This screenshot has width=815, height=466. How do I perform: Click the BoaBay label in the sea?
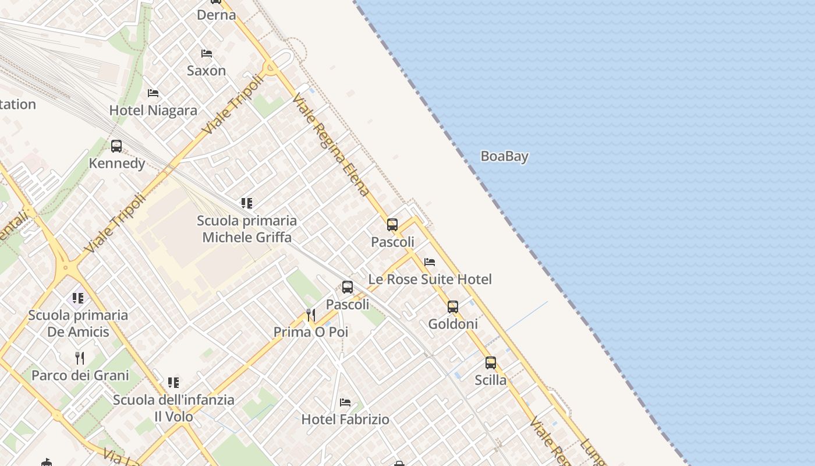coord(504,156)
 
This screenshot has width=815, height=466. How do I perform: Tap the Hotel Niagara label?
coord(153,110)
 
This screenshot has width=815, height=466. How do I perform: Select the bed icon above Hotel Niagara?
coord(153,93)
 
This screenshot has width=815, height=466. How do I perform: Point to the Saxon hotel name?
coord(206,70)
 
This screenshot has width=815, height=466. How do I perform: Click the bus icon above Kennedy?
coord(116,146)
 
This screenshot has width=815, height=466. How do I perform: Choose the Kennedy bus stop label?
coord(117,163)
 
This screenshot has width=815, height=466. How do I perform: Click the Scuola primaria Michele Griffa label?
coord(247,229)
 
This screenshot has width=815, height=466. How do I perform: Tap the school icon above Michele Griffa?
coord(247,203)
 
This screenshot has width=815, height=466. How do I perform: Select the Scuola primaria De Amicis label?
coord(78,323)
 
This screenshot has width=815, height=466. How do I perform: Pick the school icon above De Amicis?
coord(78,298)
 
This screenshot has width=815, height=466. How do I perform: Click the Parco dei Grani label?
coord(80,375)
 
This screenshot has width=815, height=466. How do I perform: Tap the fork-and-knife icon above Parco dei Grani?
coord(80,358)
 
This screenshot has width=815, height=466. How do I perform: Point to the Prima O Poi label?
coord(311,332)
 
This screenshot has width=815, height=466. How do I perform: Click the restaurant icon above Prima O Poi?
coord(311,315)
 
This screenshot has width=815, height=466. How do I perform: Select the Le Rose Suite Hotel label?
coord(430,279)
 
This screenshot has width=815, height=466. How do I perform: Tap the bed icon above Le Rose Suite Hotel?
coord(430,262)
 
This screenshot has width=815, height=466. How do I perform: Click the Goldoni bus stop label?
coord(453,324)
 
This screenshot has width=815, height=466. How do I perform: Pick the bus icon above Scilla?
coord(491,363)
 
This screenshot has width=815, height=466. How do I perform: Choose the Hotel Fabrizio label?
coord(345,419)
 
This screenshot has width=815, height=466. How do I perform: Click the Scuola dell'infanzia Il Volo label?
coord(173,408)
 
